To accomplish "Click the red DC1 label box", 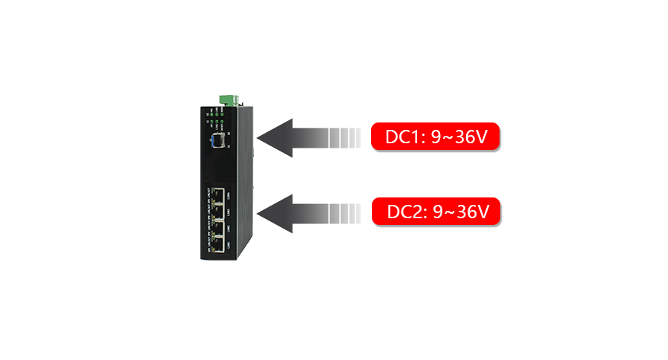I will point(436,137).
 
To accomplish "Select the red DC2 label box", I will point(437,212).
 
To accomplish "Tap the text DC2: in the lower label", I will point(407,212).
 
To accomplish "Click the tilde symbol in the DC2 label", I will point(450,212).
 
